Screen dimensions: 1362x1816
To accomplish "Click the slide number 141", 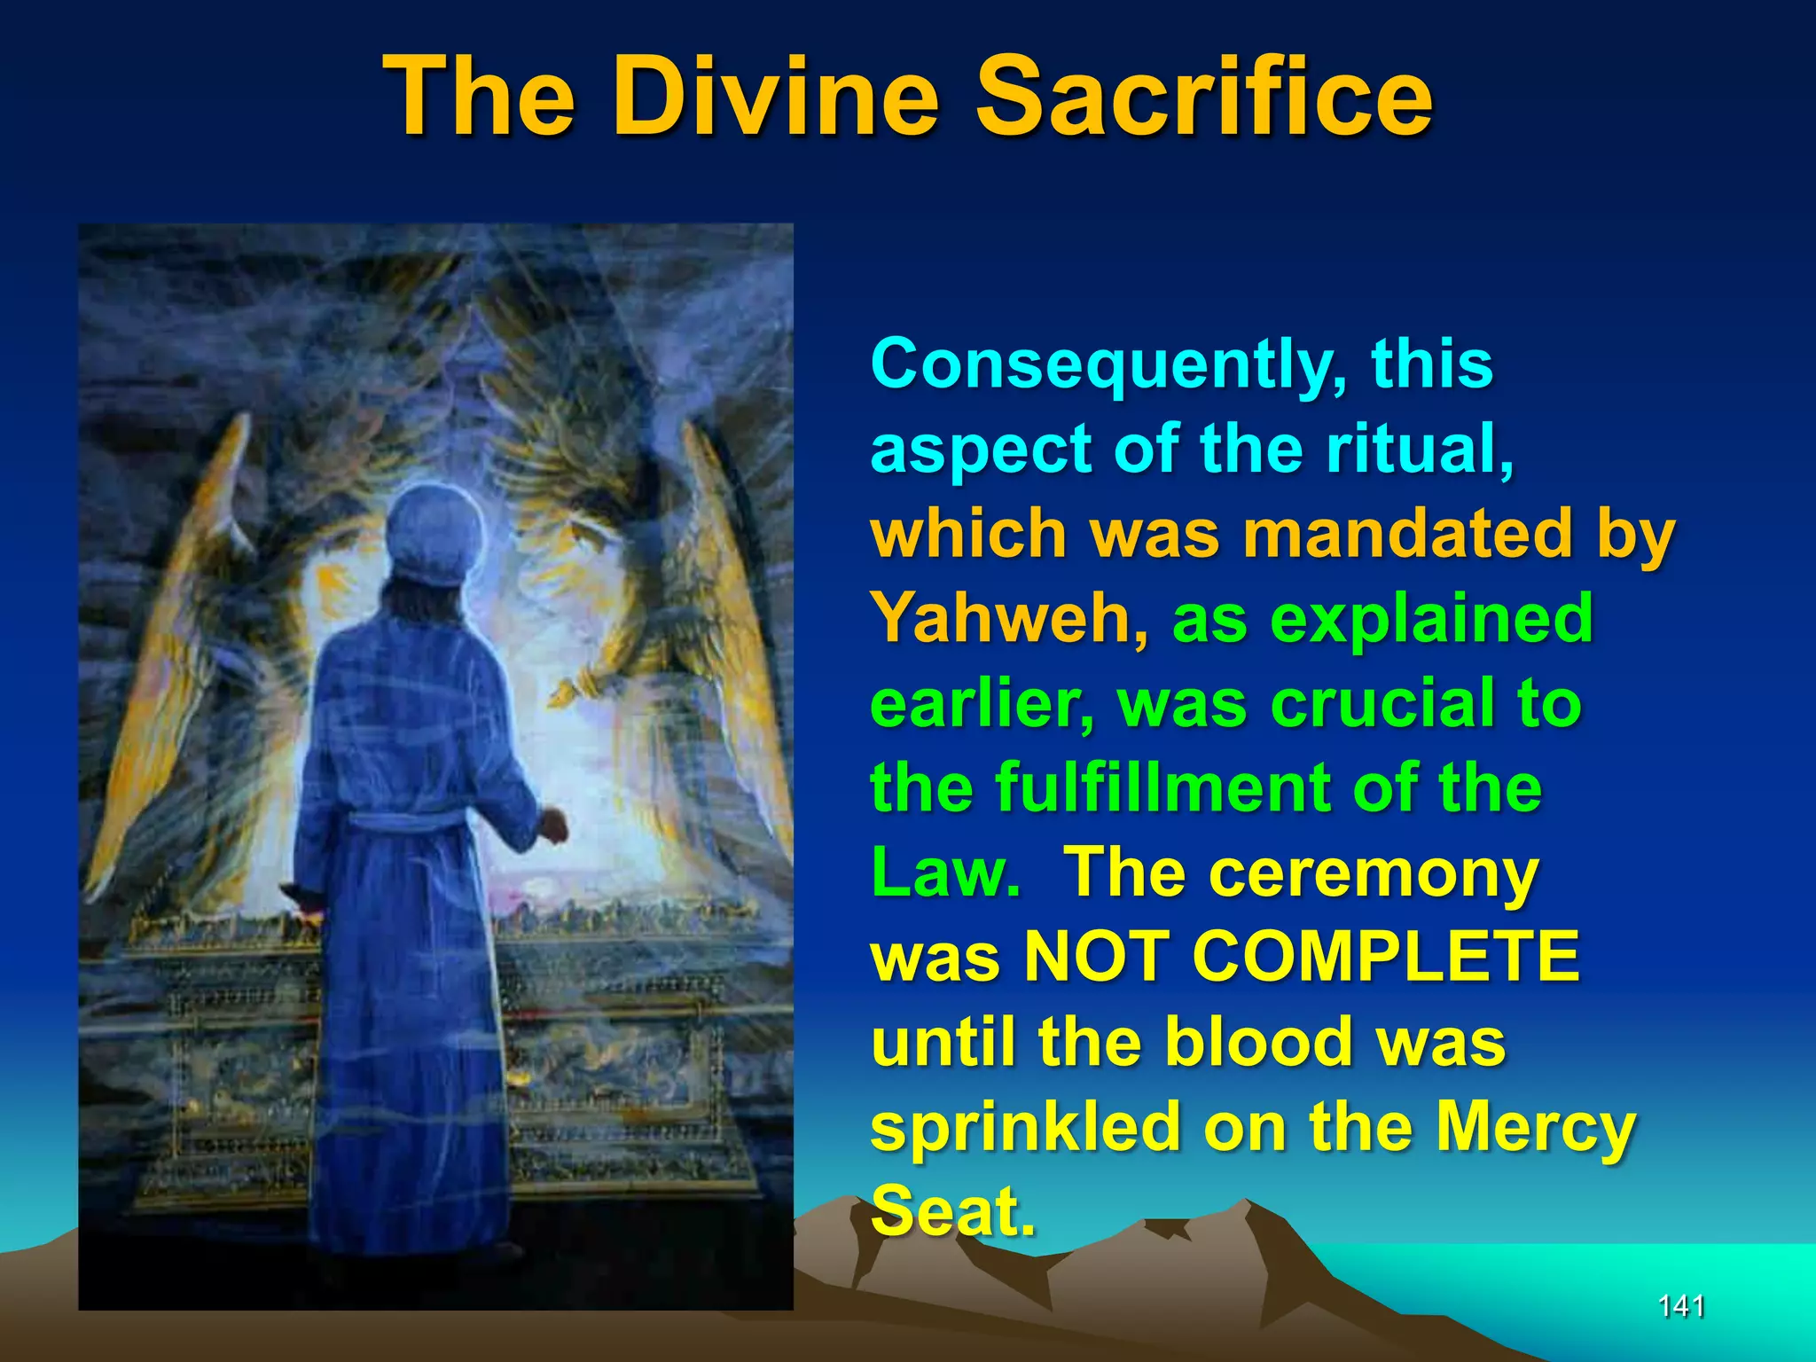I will click(x=1681, y=1305).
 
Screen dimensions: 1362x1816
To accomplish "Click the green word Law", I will click(x=945, y=872).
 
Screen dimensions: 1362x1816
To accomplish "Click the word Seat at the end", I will click(x=952, y=1211).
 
